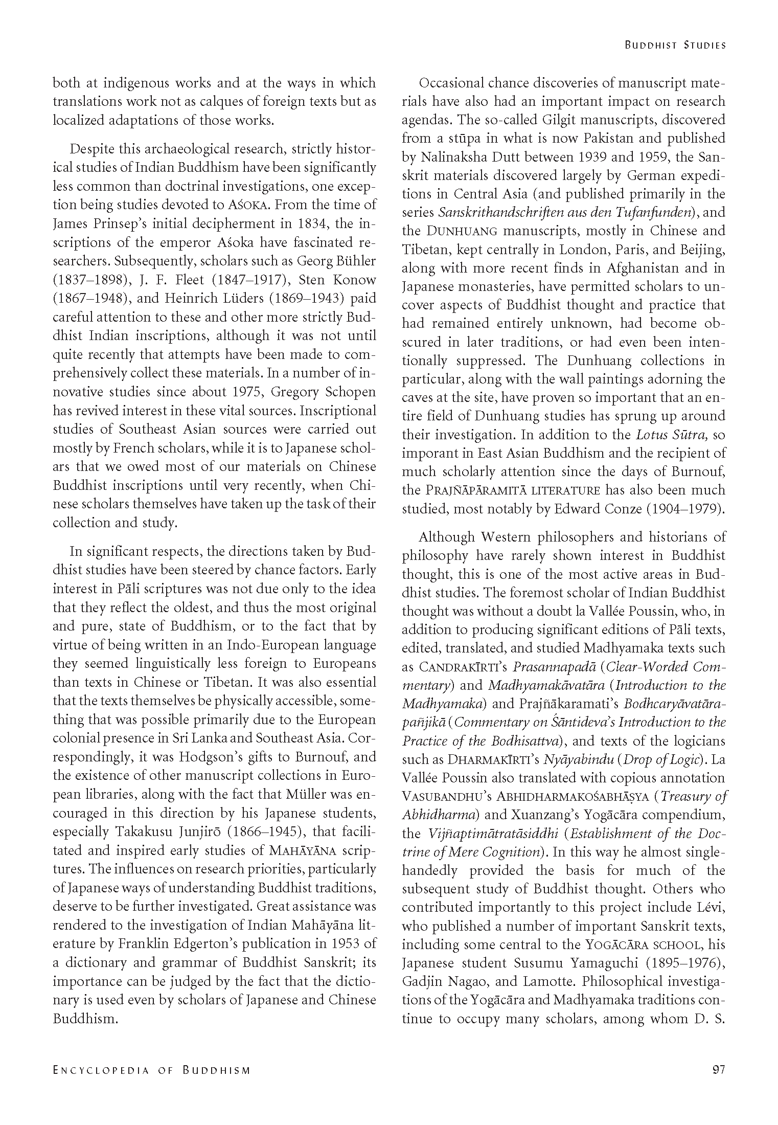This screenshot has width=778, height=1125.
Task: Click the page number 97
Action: [718, 1070]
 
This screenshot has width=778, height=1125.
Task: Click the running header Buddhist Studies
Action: [675, 45]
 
